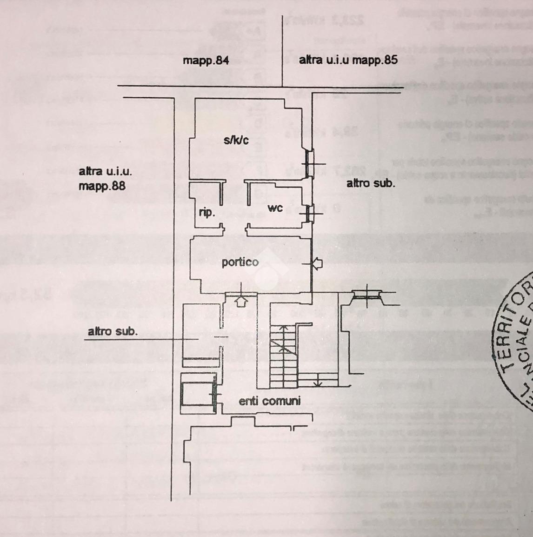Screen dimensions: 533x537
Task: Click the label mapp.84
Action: click(206, 60)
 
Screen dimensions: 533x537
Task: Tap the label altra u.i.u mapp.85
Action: click(348, 60)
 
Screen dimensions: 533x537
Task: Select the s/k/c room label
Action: click(236, 140)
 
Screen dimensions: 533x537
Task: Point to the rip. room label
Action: click(207, 213)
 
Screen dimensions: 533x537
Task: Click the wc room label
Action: click(275, 208)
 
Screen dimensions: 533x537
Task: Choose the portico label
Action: click(240, 262)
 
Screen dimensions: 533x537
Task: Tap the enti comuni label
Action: click(270, 401)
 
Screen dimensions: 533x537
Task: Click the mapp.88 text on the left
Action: click(102, 186)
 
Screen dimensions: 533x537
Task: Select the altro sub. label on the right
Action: click(371, 183)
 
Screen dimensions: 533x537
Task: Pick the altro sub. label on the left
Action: click(113, 331)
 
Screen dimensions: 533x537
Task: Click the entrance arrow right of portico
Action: click(317, 264)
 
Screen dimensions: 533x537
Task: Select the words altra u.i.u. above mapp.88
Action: click(105, 171)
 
